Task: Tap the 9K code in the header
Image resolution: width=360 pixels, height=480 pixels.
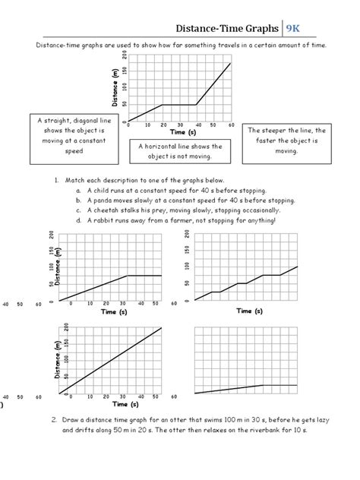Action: (x=295, y=30)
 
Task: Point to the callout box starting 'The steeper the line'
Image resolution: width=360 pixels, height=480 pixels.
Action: (x=286, y=140)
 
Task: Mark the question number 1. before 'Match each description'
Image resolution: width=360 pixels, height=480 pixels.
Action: (x=56, y=180)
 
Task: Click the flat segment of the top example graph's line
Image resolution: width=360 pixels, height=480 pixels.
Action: (x=179, y=104)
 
